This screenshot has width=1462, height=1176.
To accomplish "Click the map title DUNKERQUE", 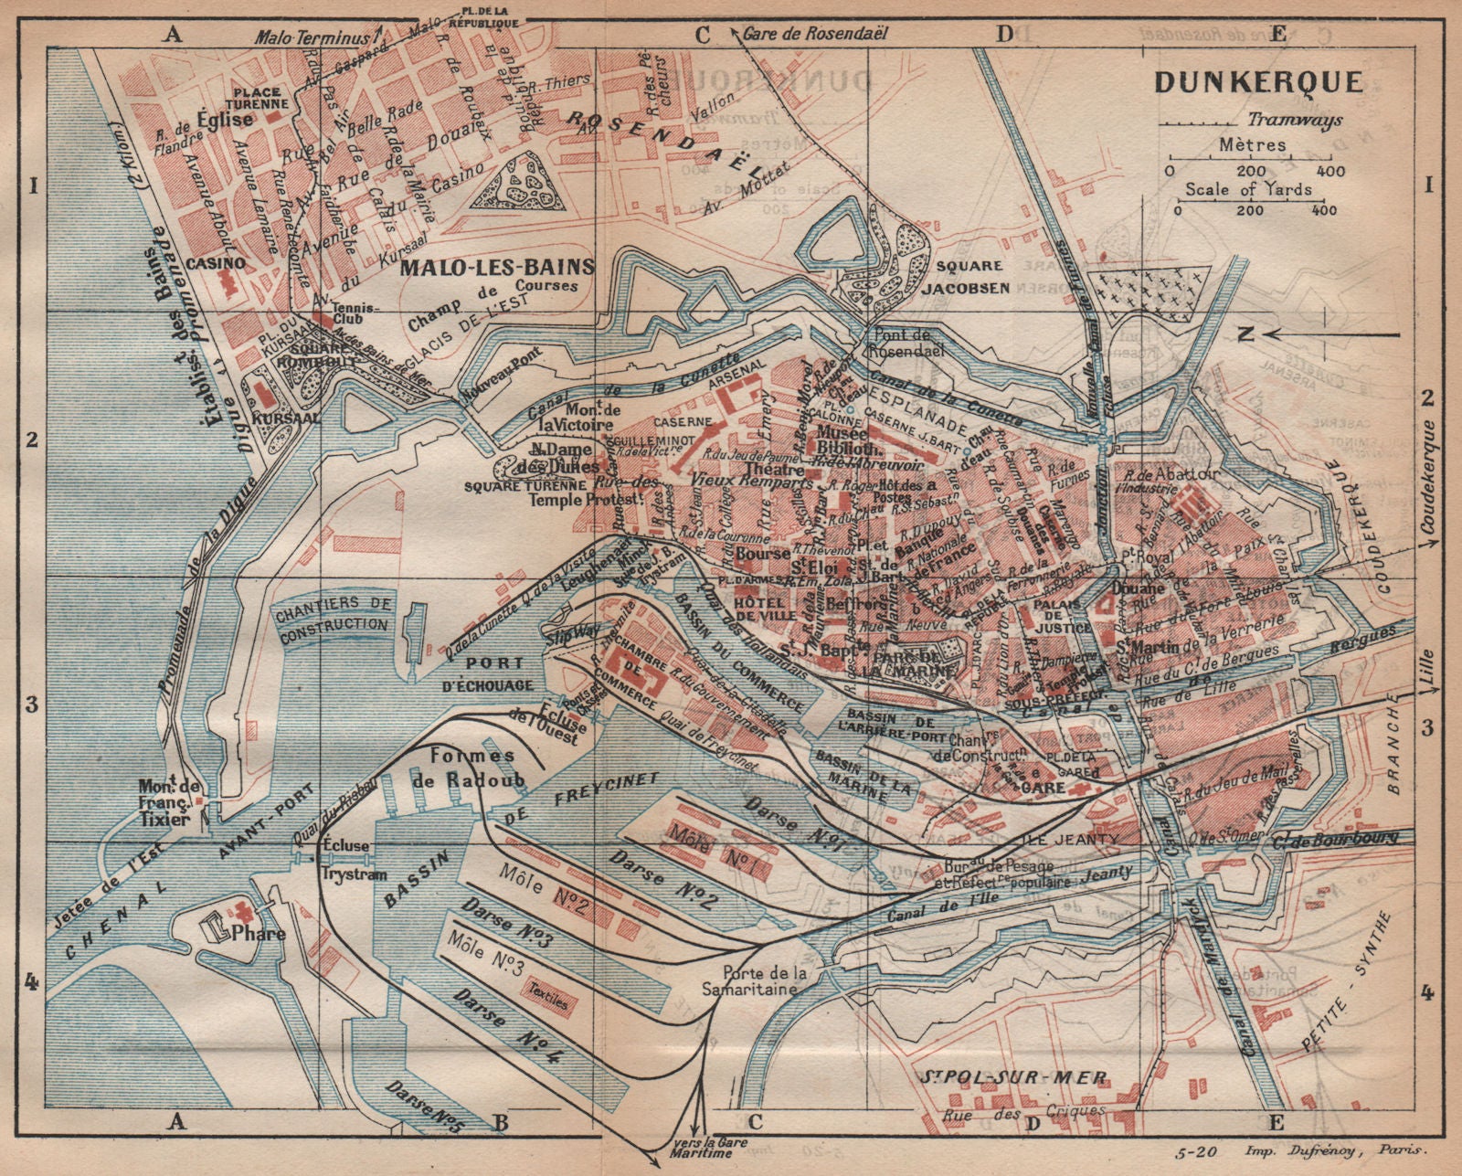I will point(1258,82).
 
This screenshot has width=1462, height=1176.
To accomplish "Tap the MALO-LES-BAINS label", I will point(497,267).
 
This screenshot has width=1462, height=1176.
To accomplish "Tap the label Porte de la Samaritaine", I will point(760,980).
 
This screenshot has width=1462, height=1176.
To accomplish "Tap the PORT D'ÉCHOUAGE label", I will point(495,673).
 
